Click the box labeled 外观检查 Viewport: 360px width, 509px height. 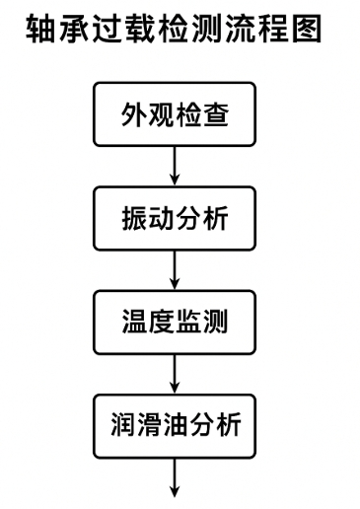tap(174, 114)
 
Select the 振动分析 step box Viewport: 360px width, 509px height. tap(174, 219)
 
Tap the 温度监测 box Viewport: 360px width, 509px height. tap(174, 324)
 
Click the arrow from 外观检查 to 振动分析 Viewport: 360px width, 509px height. tap(175, 166)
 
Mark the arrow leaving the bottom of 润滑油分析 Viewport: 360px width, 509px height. tap(175, 478)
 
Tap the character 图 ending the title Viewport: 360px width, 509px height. tap(308, 31)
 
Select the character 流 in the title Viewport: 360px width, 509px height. tap(241, 31)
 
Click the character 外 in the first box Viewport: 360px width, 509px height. tap(133, 114)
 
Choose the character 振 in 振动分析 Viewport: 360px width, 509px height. tap(133, 219)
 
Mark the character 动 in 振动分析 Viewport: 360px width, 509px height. tap(161, 219)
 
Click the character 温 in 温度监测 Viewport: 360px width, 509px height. tap(133, 324)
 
